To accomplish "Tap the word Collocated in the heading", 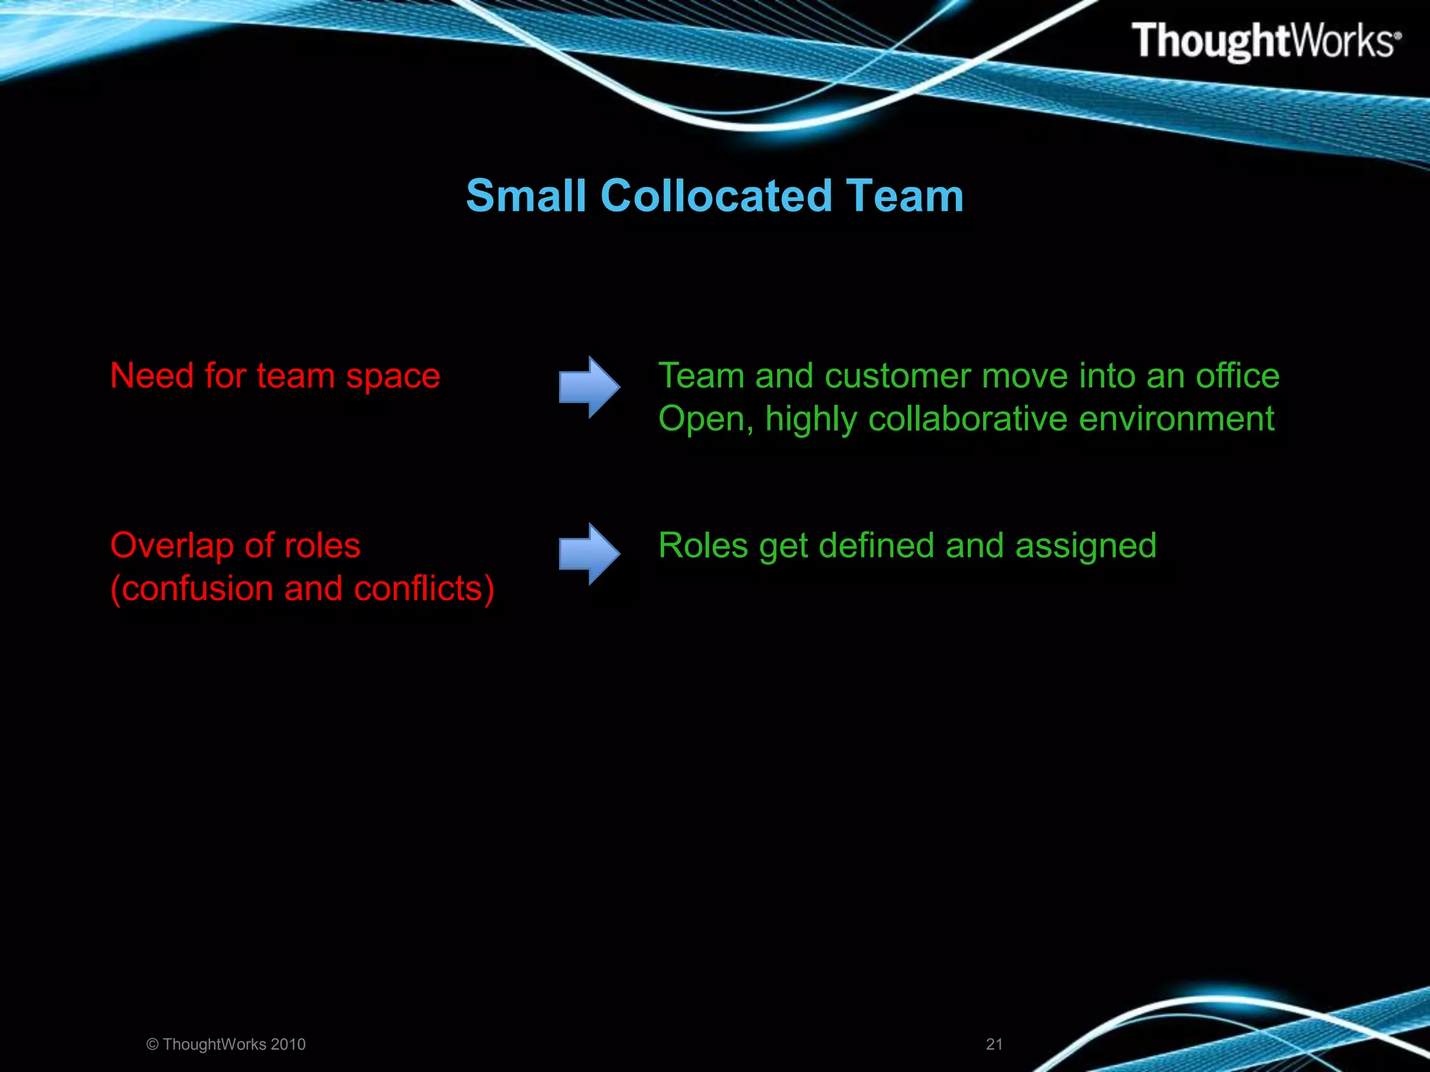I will click(x=716, y=196).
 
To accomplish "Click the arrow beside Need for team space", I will click(x=589, y=387).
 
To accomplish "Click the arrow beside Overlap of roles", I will click(x=589, y=554).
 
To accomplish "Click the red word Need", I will click(x=152, y=375).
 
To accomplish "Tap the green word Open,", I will click(x=706, y=420).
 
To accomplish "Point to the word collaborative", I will click(x=968, y=419).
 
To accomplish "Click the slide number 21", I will click(x=994, y=1044).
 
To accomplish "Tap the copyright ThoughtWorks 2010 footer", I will click(x=226, y=1044).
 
